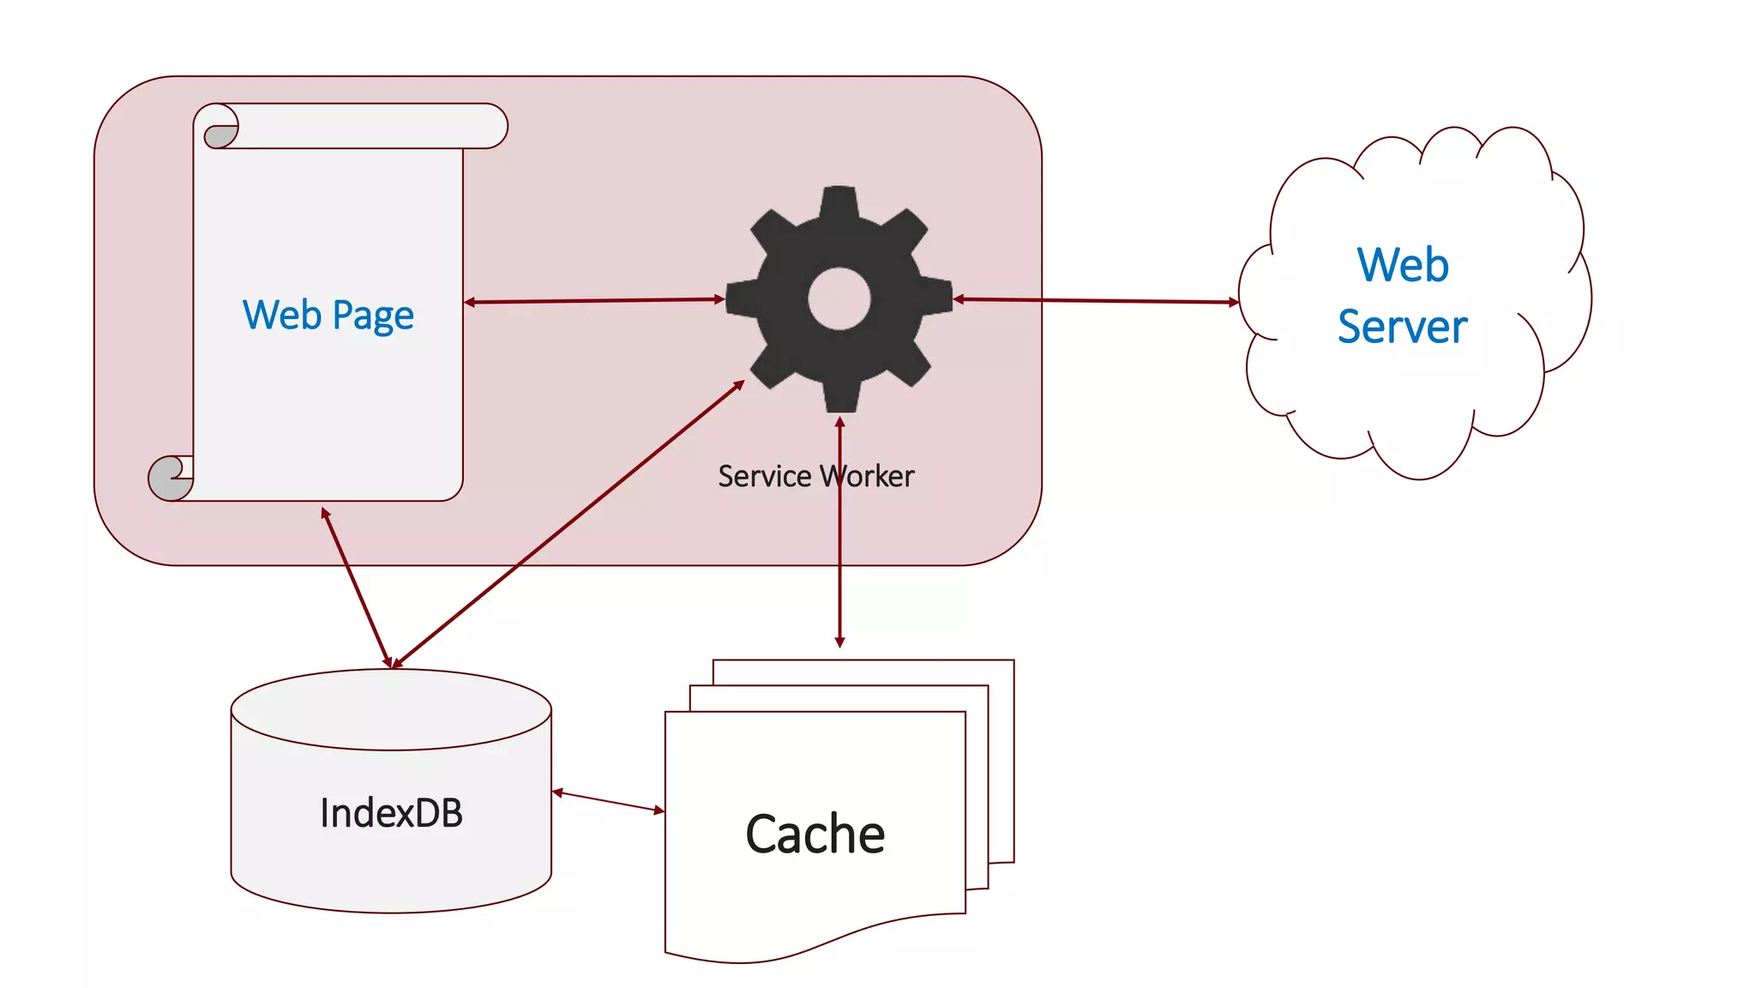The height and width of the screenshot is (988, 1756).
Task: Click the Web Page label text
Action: coord(328,315)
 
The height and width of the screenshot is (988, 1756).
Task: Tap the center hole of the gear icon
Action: coord(839,298)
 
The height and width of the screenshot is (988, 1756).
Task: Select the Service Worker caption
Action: coord(815,476)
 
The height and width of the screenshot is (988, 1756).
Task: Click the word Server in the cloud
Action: coord(1402,327)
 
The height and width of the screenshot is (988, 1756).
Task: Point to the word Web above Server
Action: coord(1403,264)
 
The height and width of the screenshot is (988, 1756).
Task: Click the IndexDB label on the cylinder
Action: coord(391,813)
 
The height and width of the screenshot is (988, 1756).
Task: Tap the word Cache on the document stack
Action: coord(815,834)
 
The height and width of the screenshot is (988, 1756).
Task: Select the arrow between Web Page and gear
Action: coord(594,300)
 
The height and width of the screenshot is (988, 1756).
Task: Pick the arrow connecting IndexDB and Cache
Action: coord(608,801)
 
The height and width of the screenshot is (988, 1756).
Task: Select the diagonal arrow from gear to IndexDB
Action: coord(566,525)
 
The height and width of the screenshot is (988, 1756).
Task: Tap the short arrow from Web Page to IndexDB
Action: coord(356,587)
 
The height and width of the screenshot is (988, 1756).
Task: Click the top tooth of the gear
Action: coord(839,202)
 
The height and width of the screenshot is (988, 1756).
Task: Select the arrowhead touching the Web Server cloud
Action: coord(1234,302)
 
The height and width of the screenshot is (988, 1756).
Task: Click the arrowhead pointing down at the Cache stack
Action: coord(839,642)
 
